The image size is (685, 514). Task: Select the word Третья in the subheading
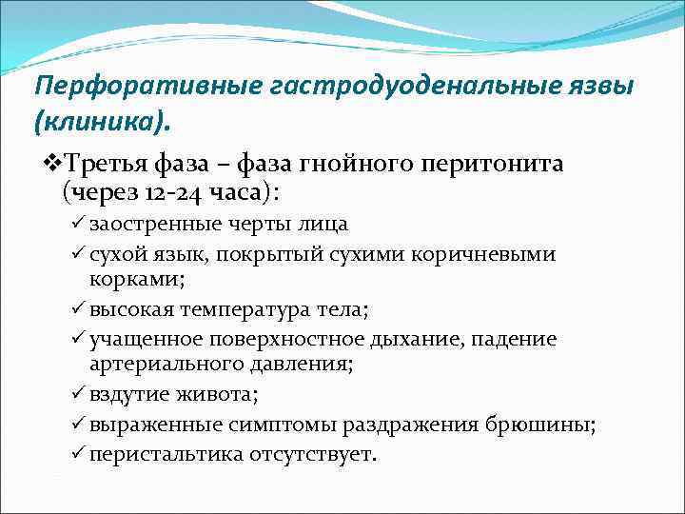[108, 165]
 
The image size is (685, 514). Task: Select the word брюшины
[555, 425]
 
